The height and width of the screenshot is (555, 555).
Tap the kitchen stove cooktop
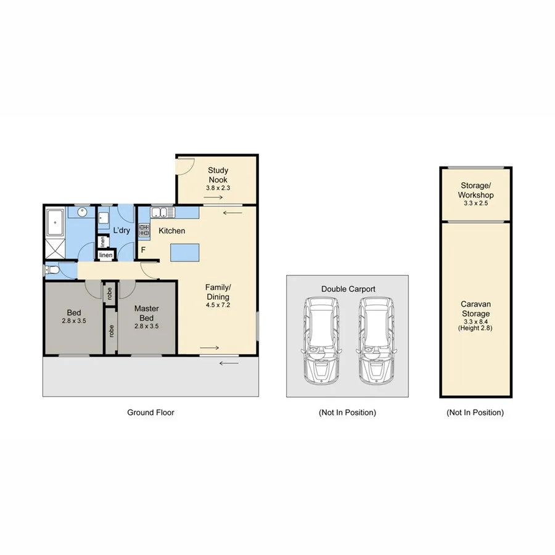(x=144, y=231)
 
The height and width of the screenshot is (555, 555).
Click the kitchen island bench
(x=186, y=251)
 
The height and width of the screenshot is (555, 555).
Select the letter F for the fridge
(x=143, y=250)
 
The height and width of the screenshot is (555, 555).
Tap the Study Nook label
(x=218, y=175)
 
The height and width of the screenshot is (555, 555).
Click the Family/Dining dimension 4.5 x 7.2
(x=218, y=304)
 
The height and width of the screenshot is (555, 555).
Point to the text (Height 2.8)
(x=475, y=328)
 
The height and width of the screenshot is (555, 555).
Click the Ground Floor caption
(x=150, y=413)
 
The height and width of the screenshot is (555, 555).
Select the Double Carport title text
(x=348, y=289)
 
